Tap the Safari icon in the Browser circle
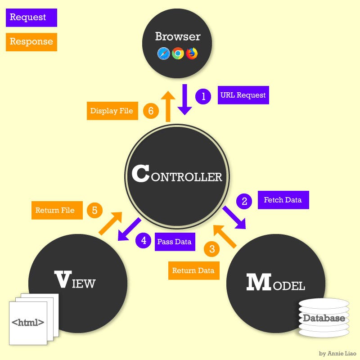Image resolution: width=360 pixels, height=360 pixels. coord(163,54)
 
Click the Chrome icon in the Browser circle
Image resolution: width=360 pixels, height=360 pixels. coord(178,54)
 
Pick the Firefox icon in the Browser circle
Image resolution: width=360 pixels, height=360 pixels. coord(192,54)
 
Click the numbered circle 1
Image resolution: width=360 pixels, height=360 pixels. coord(203,96)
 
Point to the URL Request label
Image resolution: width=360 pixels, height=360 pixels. coord(243,95)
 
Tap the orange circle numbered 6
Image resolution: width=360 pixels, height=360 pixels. coord(151,111)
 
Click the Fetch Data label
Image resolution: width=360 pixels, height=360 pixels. coord(283,200)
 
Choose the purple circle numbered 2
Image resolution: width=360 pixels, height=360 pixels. coord(244,201)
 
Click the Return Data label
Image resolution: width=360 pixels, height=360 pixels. coord(193,271)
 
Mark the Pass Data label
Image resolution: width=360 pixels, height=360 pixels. coord(175,242)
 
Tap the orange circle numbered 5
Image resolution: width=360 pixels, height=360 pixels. coord(94,210)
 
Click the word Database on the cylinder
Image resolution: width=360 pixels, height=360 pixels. coord(324,318)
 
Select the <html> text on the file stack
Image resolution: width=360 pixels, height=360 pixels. coord(28,322)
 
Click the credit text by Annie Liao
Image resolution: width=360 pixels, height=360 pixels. coord(337,353)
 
